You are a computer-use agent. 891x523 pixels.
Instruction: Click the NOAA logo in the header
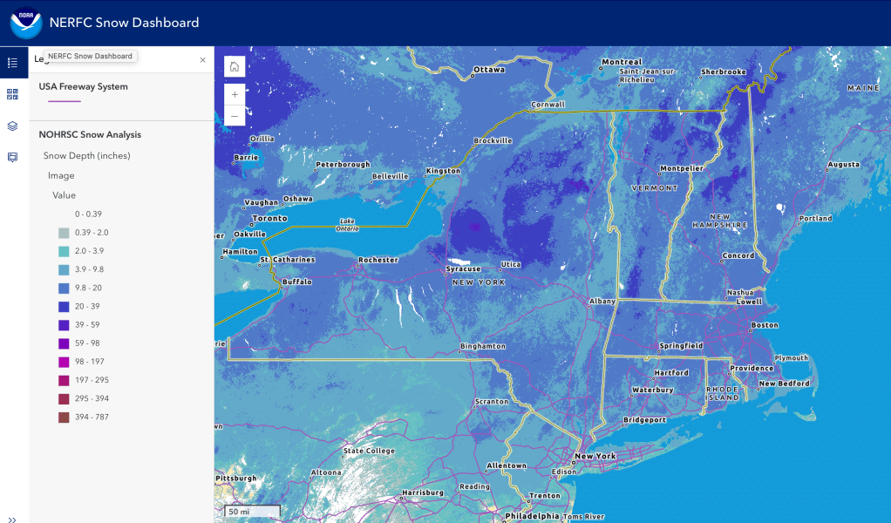[25, 24]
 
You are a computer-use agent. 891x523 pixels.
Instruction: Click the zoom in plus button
[235, 94]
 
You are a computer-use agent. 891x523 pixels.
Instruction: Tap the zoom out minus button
[235, 115]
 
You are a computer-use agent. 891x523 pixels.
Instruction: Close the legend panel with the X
[203, 60]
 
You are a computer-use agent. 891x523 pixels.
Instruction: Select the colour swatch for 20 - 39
[64, 306]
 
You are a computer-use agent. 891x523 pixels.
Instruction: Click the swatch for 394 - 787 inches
[64, 417]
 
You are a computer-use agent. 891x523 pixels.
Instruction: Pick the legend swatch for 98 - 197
[64, 362]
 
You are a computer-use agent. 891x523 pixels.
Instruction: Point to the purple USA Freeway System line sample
[65, 102]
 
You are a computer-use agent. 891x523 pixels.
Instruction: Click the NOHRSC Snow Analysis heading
[90, 135]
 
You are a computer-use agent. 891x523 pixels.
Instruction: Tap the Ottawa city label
[489, 70]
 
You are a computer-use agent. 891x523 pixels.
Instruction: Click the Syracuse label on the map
[463, 269]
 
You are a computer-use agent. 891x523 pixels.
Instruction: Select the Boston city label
[765, 325]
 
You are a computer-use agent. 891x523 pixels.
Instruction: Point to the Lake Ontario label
[347, 224]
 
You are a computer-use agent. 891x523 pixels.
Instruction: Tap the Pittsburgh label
[235, 479]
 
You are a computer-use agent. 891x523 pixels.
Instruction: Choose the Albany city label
[602, 302]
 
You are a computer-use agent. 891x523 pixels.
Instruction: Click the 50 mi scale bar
[252, 511]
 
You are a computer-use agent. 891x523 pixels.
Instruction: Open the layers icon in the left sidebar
[12, 126]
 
